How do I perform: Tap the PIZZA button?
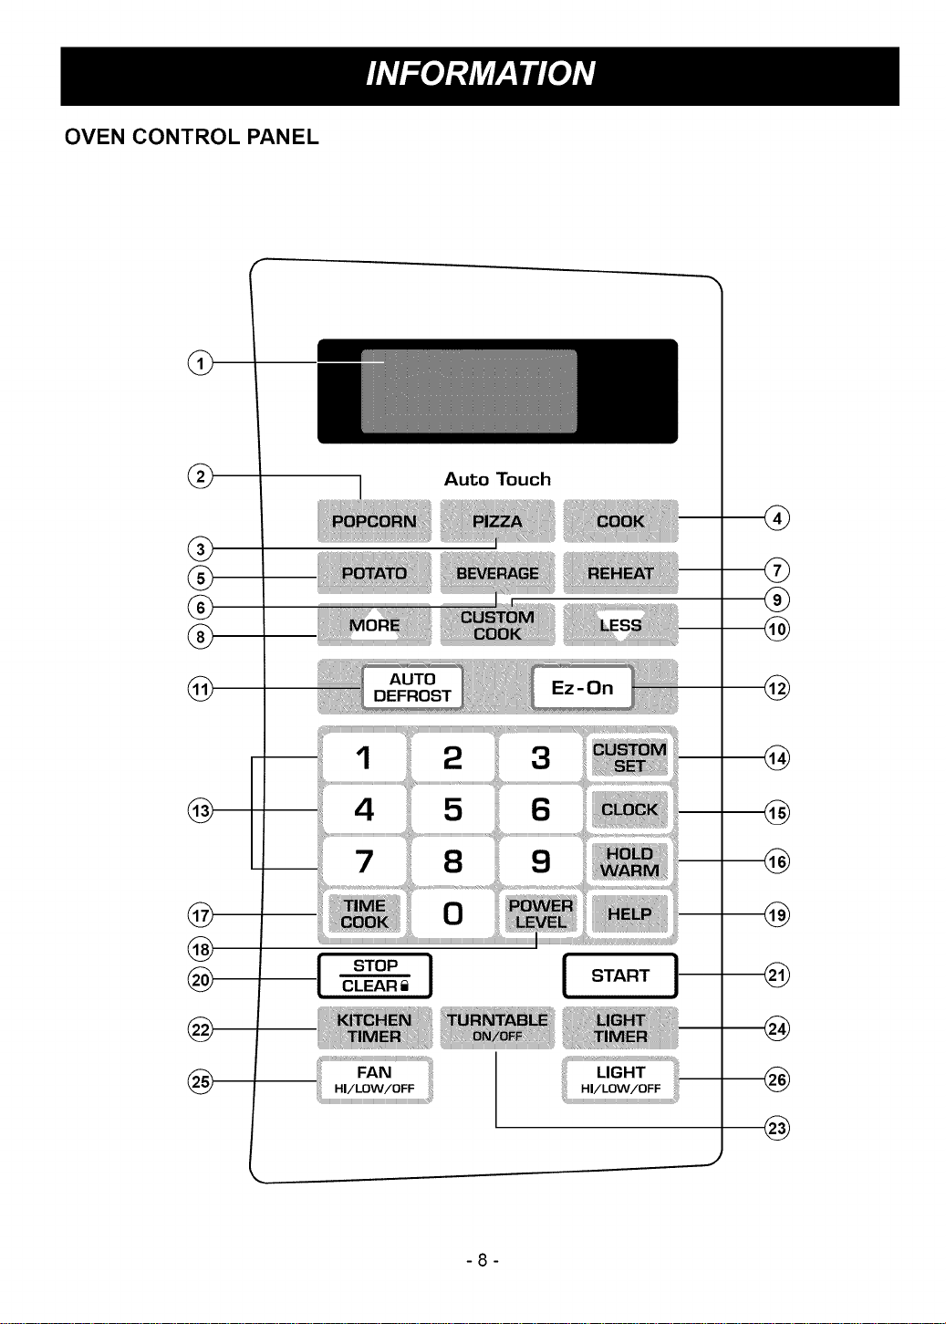(497, 521)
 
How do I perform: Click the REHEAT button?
(620, 573)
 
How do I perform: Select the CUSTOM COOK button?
(497, 625)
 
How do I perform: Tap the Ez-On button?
(582, 687)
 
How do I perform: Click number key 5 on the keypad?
(452, 809)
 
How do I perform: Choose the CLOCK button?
(629, 809)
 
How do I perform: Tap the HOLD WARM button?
(629, 861)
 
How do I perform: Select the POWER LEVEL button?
(540, 913)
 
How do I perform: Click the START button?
(619, 975)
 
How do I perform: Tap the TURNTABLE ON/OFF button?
(497, 1027)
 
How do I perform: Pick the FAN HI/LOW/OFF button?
(375, 1079)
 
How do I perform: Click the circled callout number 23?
(777, 1129)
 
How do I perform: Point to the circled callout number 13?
(201, 810)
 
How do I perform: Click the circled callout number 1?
(201, 363)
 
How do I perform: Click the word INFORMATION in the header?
(481, 74)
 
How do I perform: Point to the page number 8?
(483, 1261)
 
